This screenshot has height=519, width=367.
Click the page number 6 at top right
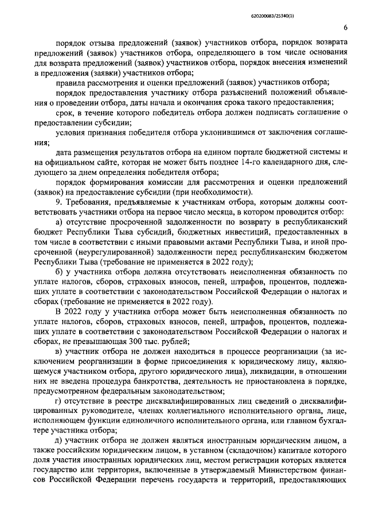345,27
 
